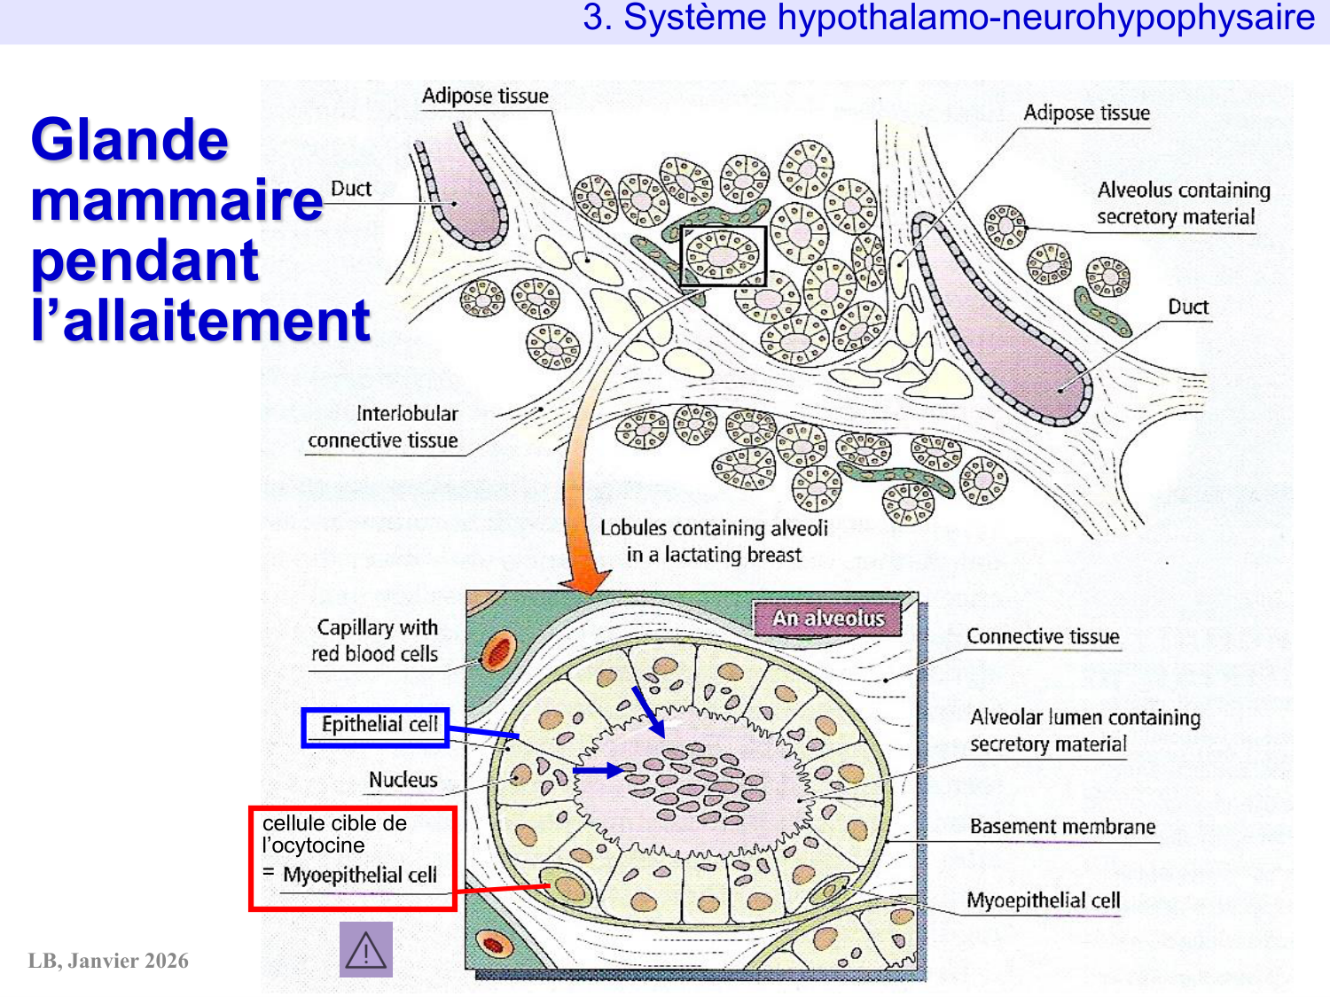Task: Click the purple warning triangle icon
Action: pyautogui.click(x=365, y=950)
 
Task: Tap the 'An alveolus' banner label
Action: pyautogui.click(x=828, y=619)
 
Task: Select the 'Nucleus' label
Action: pyautogui.click(x=403, y=780)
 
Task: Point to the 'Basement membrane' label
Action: pyautogui.click(x=1062, y=827)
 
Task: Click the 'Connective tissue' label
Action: pyautogui.click(x=1043, y=636)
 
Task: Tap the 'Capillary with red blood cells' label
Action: pyautogui.click(x=375, y=641)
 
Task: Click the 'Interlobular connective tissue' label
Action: pyautogui.click(x=384, y=427)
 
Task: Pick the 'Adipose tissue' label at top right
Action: pyautogui.click(x=1086, y=113)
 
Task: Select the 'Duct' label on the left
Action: pyautogui.click(x=351, y=189)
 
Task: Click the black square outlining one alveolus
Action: pyautogui.click(x=723, y=256)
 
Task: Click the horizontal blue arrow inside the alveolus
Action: pyautogui.click(x=598, y=771)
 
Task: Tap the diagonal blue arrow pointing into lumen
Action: pyautogui.click(x=648, y=711)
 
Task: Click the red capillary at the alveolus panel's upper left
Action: pyautogui.click(x=497, y=651)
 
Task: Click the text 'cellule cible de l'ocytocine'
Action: pyautogui.click(x=334, y=834)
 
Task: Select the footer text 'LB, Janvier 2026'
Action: pyautogui.click(x=108, y=961)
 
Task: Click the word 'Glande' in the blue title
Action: pyautogui.click(x=129, y=140)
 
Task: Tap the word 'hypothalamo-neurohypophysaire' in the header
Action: pyautogui.click(x=1046, y=18)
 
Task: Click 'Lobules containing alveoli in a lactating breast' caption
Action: pyautogui.click(x=714, y=541)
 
